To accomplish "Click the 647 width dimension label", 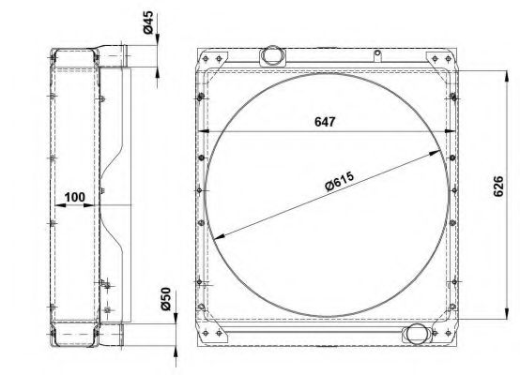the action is click(325, 122).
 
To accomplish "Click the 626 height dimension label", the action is click(498, 187).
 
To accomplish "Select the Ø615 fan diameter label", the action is click(340, 181).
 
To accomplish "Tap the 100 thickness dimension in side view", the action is click(74, 197).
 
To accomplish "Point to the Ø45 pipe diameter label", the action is click(148, 22).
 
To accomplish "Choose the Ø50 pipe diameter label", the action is click(165, 299).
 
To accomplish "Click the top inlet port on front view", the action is click(272, 55).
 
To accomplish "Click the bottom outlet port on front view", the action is click(417, 334).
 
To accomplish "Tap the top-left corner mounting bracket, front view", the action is click(212, 60).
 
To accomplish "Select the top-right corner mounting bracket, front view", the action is click(440, 62).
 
